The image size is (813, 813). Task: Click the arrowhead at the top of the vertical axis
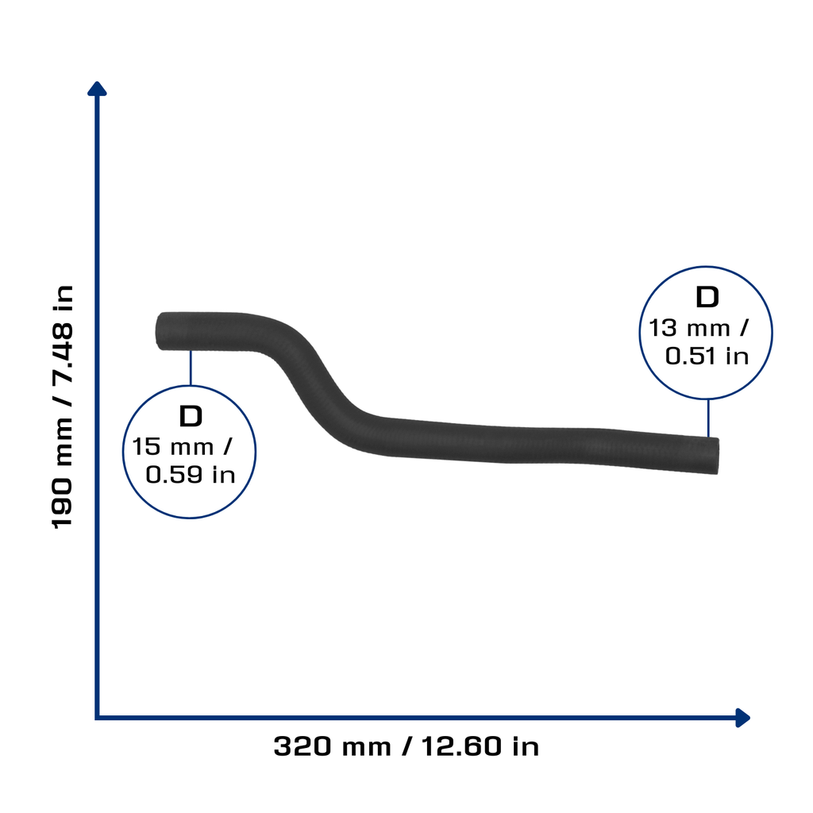[97, 89]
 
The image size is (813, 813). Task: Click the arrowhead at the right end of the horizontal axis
[742, 718]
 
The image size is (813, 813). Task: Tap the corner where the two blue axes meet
[97, 718]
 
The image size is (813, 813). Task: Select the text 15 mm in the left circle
[172, 446]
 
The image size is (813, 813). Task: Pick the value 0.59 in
[191, 475]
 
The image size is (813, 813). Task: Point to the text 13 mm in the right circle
[690, 328]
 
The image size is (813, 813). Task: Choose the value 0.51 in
[707, 356]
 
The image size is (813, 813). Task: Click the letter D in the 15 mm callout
[191, 416]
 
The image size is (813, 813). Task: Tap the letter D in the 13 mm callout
[707, 297]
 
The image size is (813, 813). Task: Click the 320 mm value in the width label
[333, 746]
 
